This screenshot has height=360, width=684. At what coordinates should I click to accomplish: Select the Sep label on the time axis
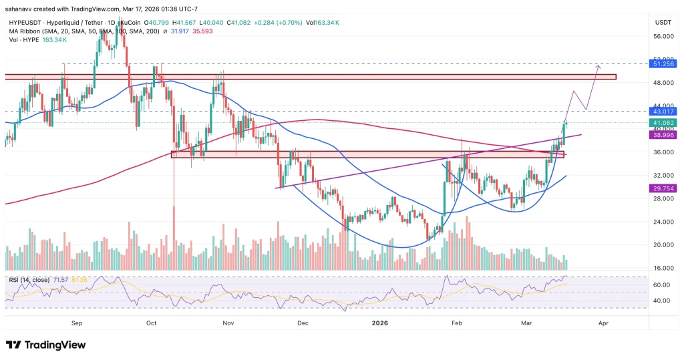(76, 322)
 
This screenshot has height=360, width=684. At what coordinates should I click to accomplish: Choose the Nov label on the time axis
(228, 322)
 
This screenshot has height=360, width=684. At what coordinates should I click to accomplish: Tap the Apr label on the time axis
(603, 322)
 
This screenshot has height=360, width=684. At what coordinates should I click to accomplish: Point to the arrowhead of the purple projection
(598, 65)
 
